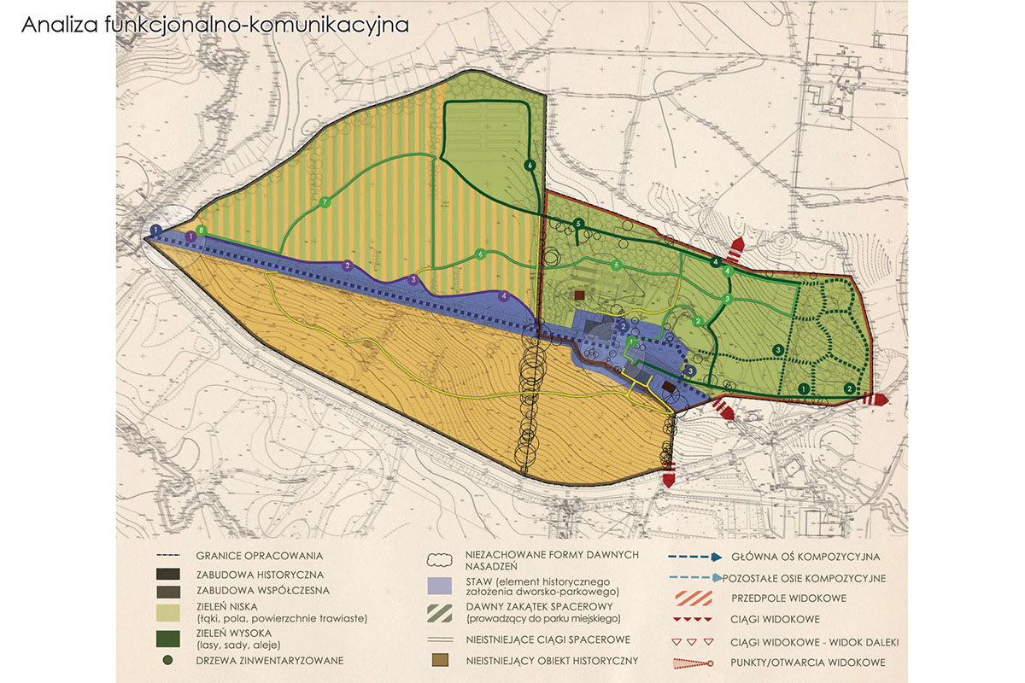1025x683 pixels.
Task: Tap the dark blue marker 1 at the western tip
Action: [155, 231]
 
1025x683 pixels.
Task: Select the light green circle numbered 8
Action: [202, 231]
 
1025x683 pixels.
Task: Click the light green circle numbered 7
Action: [325, 202]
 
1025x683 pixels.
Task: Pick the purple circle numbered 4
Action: [504, 296]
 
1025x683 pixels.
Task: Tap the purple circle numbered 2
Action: [348, 266]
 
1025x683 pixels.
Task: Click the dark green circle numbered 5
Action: [579, 224]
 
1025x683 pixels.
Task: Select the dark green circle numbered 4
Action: [716, 261]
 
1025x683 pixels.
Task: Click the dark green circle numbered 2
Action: [849, 388]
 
